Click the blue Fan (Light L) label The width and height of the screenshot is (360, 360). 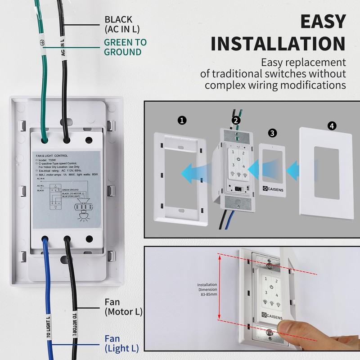[121, 343]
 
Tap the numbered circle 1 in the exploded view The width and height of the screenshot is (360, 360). [181, 120]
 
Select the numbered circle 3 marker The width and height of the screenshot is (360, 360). [272, 133]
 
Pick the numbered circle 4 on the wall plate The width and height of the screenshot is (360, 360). [332, 126]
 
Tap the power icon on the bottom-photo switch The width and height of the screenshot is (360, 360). [271, 287]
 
